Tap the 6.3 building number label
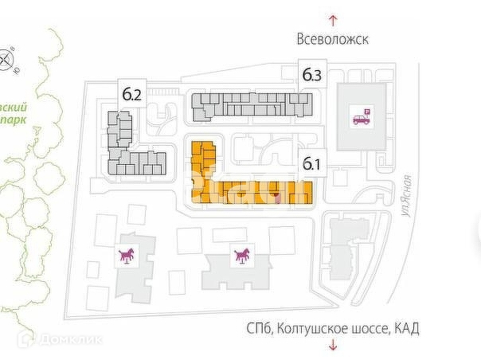click(x=311, y=76)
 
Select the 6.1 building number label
click(x=311, y=166)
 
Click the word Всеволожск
click(x=333, y=38)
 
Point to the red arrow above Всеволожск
click(x=333, y=18)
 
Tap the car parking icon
click(x=361, y=118)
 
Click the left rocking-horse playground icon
click(x=127, y=256)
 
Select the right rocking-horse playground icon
click(x=240, y=256)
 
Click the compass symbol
click(x=6, y=58)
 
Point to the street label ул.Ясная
click(x=408, y=199)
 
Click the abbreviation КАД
click(x=405, y=327)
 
